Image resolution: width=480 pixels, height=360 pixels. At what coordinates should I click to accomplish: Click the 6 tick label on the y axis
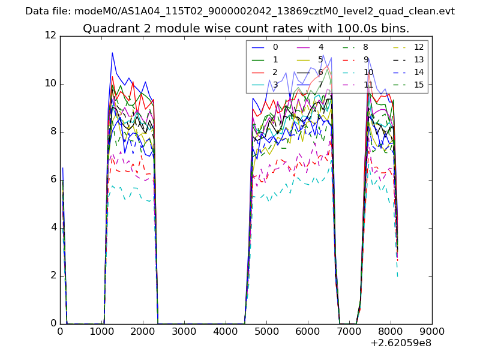click(x=53, y=180)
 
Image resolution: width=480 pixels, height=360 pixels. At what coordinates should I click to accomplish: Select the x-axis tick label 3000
click(x=184, y=331)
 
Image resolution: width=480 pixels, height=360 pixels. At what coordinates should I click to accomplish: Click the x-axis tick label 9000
click(x=431, y=331)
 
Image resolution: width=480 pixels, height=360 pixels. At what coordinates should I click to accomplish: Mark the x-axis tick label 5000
click(x=266, y=331)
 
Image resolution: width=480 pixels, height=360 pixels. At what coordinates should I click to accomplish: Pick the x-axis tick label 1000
click(x=101, y=331)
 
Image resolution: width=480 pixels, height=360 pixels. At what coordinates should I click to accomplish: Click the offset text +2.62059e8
click(x=401, y=344)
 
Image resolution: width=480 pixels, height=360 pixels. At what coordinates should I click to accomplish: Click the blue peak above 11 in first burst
click(x=112, y=53)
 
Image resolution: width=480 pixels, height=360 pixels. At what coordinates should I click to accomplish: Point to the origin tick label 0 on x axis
click(x=60, y=331)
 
